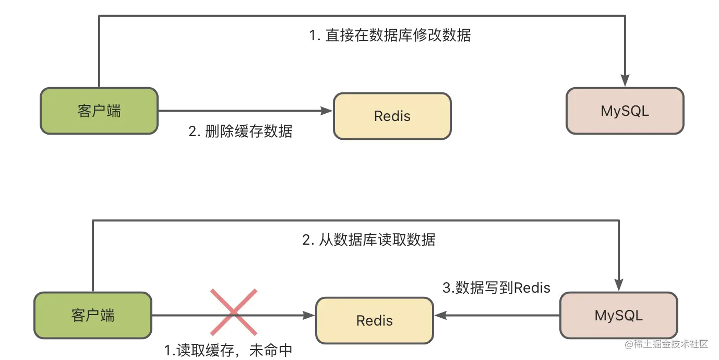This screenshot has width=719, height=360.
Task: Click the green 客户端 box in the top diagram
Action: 99,111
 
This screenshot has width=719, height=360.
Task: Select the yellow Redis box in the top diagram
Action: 392,116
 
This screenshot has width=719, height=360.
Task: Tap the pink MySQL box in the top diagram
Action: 625,111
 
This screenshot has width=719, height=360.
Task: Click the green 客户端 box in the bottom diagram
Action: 93,315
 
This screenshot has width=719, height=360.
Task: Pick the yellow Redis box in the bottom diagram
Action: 375,320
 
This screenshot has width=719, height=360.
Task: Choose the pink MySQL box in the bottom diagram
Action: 618,315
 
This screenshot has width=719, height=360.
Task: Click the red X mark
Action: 234,312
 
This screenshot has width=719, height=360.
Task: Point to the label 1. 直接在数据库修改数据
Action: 390,35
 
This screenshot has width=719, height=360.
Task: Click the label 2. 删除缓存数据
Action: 241,131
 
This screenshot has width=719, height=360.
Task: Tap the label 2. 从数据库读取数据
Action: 368,239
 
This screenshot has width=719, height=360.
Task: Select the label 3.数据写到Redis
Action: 496,287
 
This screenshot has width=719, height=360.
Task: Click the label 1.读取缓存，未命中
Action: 228,350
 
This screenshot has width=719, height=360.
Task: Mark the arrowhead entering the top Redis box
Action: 327,111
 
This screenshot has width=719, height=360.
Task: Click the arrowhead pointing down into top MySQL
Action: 625,80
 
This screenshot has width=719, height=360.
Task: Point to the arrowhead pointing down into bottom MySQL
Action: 618,285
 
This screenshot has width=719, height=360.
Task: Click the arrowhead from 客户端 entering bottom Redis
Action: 309,315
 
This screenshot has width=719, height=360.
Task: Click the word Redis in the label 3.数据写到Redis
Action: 532,287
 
